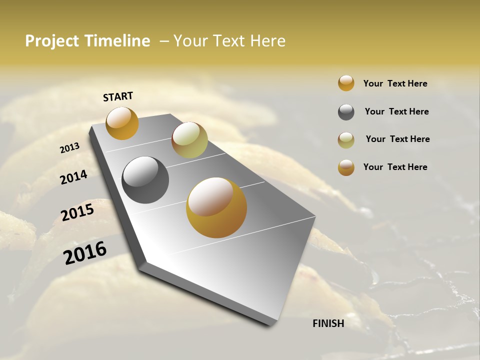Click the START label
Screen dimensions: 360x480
(x=118, y=96)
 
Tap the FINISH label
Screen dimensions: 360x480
(x=328, y=323)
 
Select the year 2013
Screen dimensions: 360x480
(x=70, y=148)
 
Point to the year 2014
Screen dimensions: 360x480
(x=73, y=177)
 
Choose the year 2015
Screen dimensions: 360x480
(x=77, y=212)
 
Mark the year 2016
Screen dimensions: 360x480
(x=85, y=252)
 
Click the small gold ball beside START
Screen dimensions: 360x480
(x=122, y=123)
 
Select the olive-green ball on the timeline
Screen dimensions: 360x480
(x=189, y=140)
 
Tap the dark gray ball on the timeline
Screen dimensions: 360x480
(x=145, y=180)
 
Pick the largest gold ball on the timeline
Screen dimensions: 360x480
(x=216, y=207)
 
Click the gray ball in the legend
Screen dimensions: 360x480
(x=346, y=112)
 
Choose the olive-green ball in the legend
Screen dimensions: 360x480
(x=346, y=140)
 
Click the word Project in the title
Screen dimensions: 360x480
(x=52, y=41)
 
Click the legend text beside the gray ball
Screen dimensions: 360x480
(x=396, y=111)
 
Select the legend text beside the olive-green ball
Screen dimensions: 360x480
(x=397, y=139)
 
